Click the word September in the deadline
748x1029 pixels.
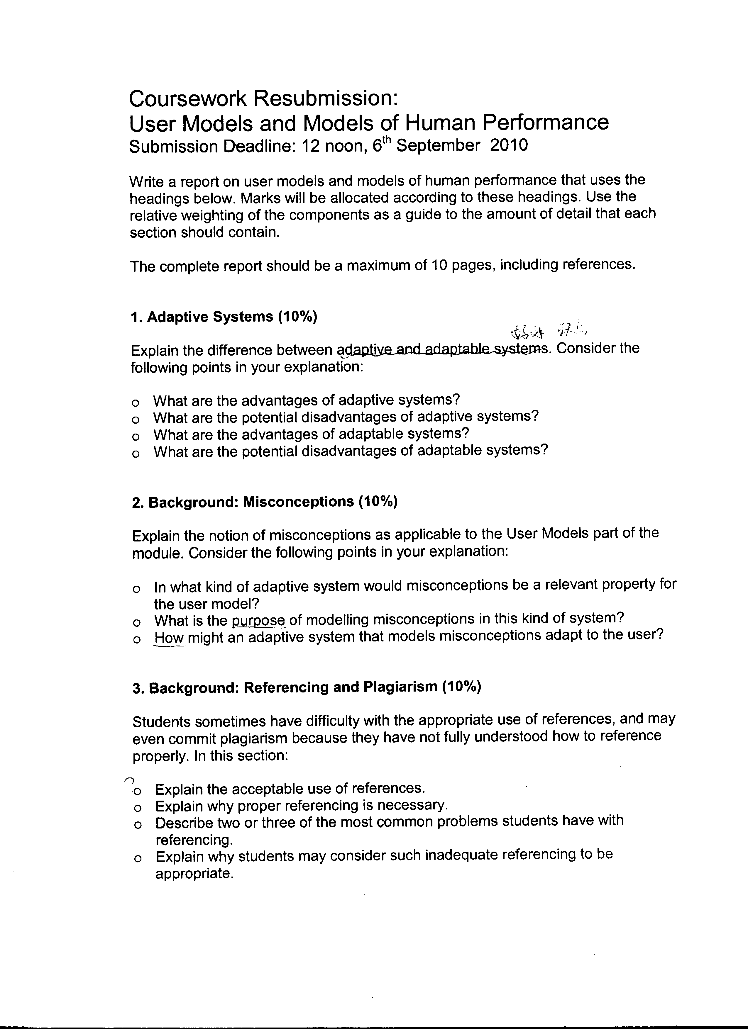pos(437,146)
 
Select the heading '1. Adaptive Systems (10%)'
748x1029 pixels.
pos(223,317)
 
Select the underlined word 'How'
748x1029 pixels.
pos(169,637)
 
